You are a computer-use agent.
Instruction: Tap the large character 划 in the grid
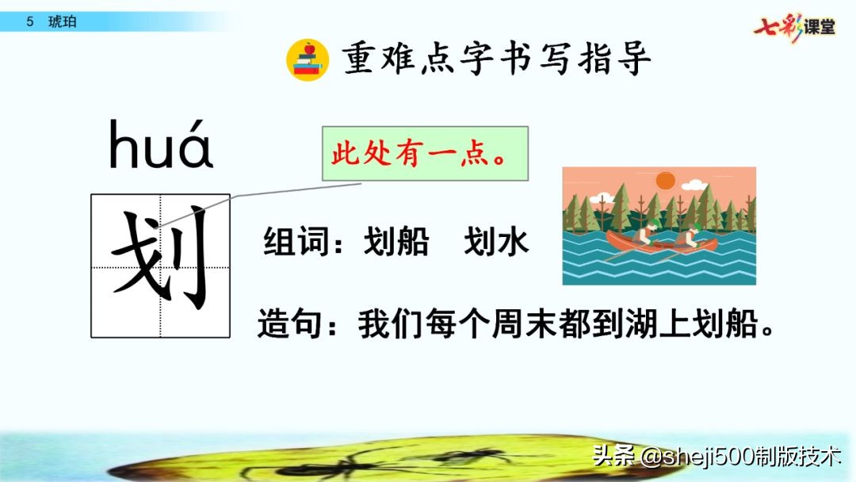161,265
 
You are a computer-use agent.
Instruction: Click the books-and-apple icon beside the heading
307,59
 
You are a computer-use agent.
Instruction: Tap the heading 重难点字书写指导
497,59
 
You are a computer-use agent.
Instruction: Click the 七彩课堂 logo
795,26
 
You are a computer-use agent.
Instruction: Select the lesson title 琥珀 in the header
64,21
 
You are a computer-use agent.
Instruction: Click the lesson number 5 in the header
30,21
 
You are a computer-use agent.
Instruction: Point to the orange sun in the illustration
664,179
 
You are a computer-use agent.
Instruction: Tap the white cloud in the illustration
694,186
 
